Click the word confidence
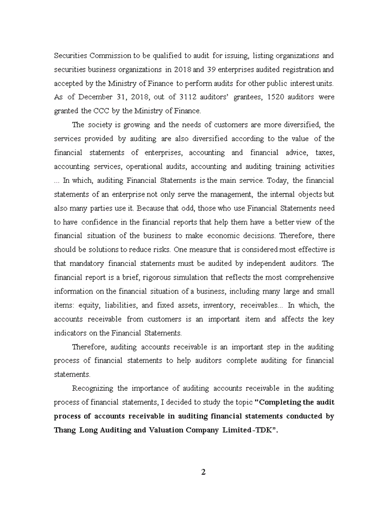tap(100, 222)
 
